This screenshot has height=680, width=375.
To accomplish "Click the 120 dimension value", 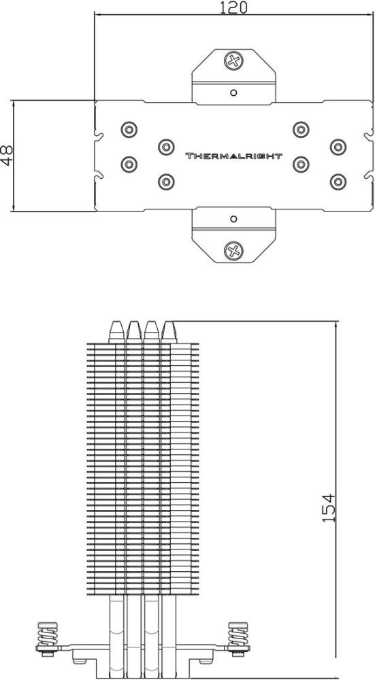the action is click(x=233, y=7).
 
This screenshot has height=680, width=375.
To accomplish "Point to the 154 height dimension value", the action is click(x=329, y=507).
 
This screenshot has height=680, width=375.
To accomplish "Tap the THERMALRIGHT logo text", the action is click(x=234, y=156).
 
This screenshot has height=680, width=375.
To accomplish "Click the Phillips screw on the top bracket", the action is click(x=233, y=61).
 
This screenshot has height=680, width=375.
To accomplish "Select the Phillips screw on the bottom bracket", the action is click(x=233, y=251).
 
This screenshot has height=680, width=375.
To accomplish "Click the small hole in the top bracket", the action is click(x=233, y=92).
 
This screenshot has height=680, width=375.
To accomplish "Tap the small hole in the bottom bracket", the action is click(x=233, y=219).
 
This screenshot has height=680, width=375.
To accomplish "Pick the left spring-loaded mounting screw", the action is click(x=48, y=639).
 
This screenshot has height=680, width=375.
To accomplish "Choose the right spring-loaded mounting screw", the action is click(x=238, y=639).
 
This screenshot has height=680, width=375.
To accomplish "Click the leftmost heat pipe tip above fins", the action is click(x=117, y=332).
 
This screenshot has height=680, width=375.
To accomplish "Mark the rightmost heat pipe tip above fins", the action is click(x=169, y=332).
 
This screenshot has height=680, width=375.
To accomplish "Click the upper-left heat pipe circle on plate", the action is click(x=129, y=129).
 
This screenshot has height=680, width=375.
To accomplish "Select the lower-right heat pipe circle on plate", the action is click(x=338, y=182).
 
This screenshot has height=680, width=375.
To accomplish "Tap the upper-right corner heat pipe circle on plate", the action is click(x=338, y=147).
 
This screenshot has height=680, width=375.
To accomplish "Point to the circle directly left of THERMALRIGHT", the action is click(x=165, y=147).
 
